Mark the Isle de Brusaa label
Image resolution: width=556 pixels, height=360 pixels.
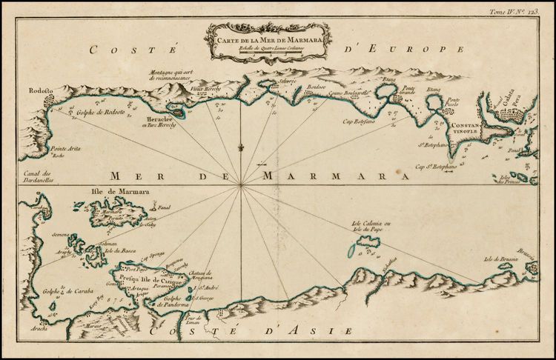(x=499, y=259)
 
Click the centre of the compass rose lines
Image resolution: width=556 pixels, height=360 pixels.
(x=240, y=188)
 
